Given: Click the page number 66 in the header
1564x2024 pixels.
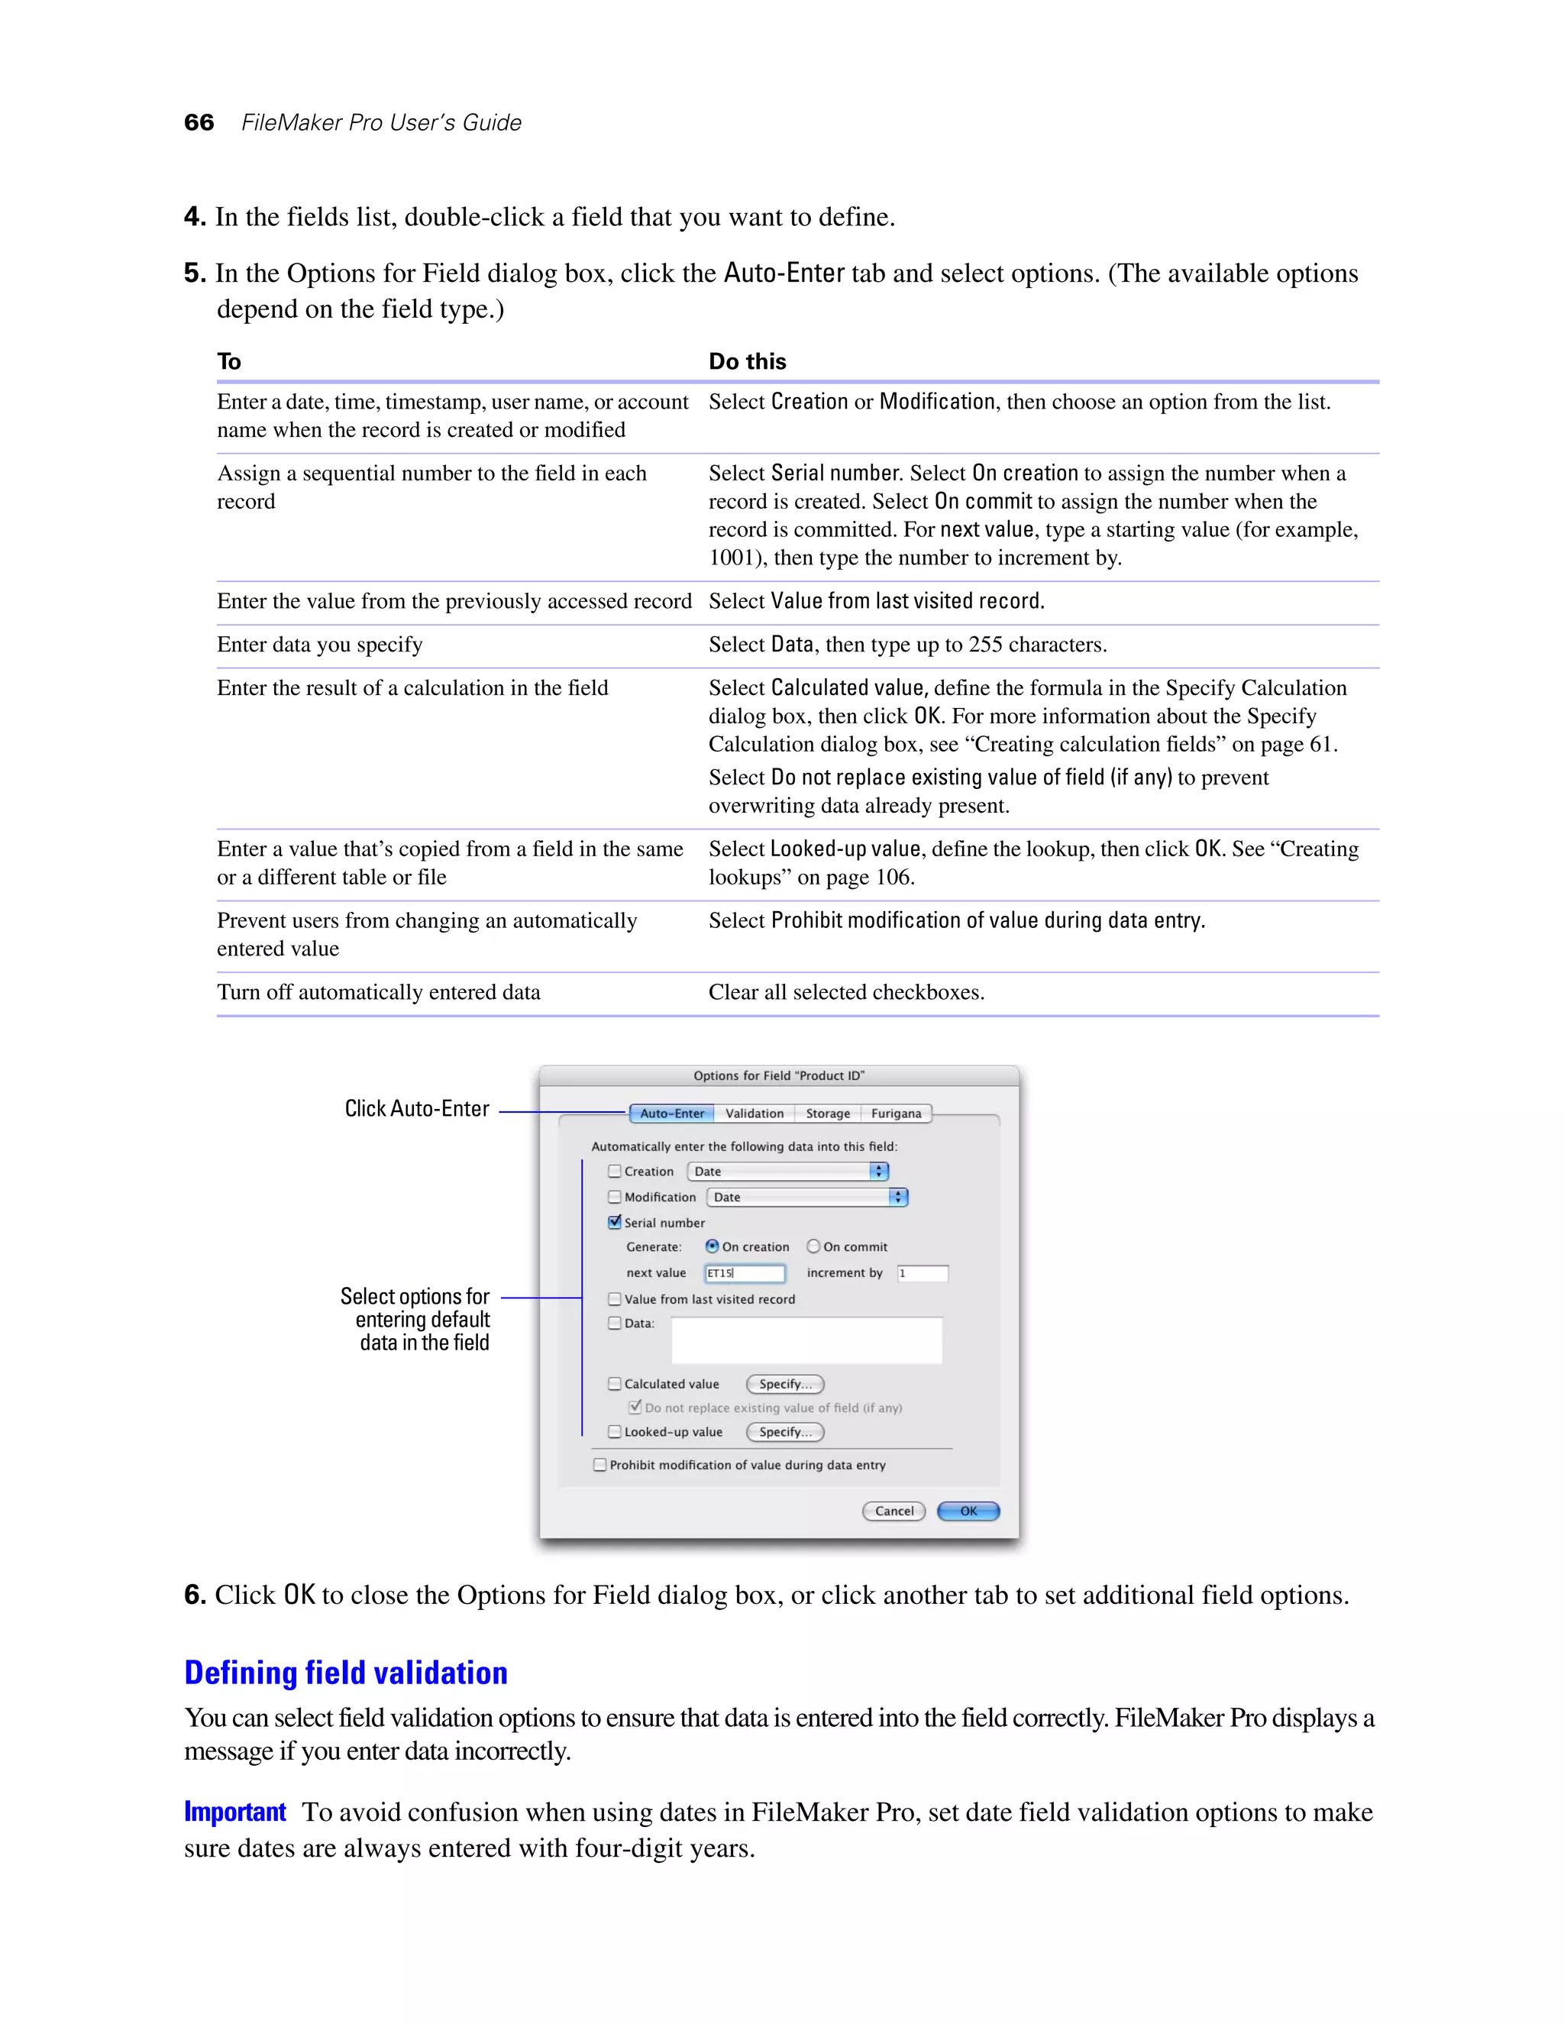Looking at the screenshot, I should (x=199, y=122).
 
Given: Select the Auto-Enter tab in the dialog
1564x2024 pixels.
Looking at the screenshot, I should (x=672, y=1113).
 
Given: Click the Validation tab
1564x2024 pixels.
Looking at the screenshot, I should (x=755, y=1113).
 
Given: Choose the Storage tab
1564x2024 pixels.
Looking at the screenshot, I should (x=827, y=1113).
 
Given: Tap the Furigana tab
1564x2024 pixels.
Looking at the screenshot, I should (x=896, y=1113).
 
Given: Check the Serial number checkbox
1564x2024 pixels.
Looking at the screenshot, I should (x=614, y=1222).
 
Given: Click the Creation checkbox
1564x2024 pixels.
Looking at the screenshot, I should (x=614, y=1172).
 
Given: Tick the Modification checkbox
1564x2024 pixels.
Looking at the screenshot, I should (x=614, y=1196).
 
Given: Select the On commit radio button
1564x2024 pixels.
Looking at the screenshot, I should (x=813, y=1246).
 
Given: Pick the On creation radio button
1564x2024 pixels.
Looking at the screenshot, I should (x=712, y=1246).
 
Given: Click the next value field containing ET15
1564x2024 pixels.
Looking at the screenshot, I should (x=744, y=1273).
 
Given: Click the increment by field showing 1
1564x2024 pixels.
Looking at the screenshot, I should (x=922, y=1273).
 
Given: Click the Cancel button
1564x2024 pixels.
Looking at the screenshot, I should (x=893, y=1511).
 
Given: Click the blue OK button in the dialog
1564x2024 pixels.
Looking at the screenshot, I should (x=968, y=1511).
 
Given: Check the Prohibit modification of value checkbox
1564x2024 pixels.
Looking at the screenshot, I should (x=600, y=1465).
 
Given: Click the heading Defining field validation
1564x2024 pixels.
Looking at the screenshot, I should (x=346, y=1673).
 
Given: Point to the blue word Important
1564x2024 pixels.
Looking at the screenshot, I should (x=234, y=1812).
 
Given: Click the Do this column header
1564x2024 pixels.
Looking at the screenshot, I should (x=747, y=361).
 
